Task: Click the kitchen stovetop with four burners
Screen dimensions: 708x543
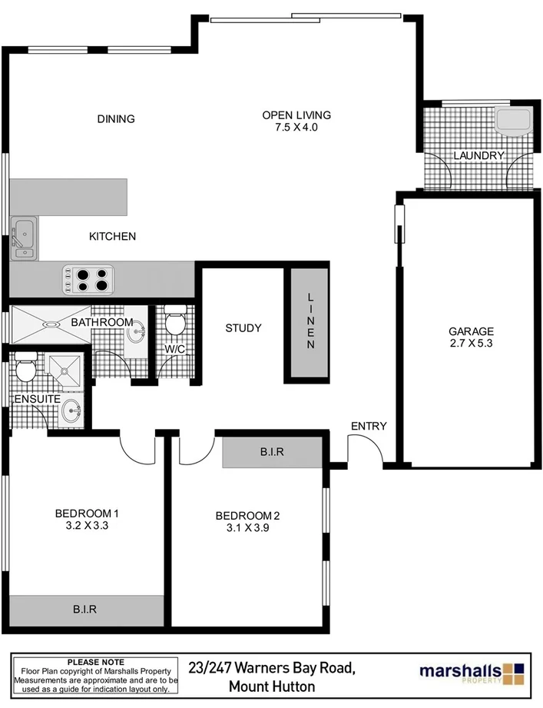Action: click(x=88, y=278)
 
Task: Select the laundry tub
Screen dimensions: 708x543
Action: click(x=512, y=121)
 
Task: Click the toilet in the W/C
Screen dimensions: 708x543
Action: click(x=175, y=321)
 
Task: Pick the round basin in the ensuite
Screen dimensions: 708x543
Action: click(x=71, y=411)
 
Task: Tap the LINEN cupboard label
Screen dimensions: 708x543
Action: click(x=311, y=321)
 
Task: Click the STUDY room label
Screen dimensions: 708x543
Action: click(x=243, y=328)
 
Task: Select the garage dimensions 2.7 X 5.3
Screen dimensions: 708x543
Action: click(x=471, y=344)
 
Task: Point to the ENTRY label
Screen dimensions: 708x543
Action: click(x=369, y=427)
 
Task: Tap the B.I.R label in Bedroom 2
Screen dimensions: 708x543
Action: click(x=272, y=453)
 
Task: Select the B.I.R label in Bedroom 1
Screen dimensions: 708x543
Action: click(x=84, y=610)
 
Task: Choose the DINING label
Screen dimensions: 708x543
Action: click(x=116, y=119)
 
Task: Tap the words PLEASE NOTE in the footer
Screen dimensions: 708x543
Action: click(x=96, y=661)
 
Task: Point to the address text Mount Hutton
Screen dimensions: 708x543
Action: click(x=273, y=686)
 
